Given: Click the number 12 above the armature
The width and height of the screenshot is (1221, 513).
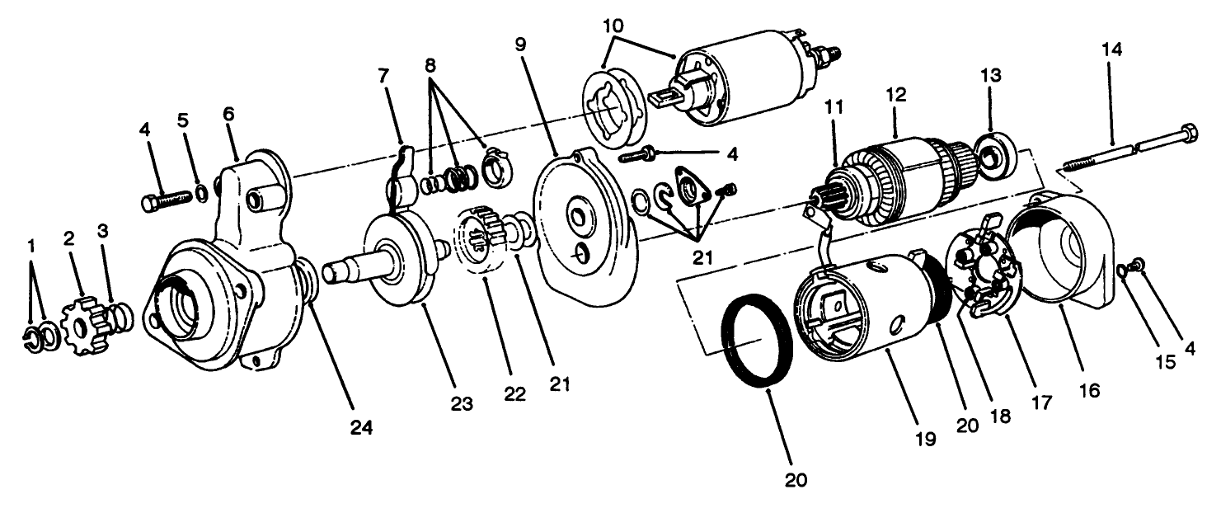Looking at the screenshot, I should coord(896,95).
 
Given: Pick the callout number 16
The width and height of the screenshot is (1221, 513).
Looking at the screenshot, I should coord(1090,390).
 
